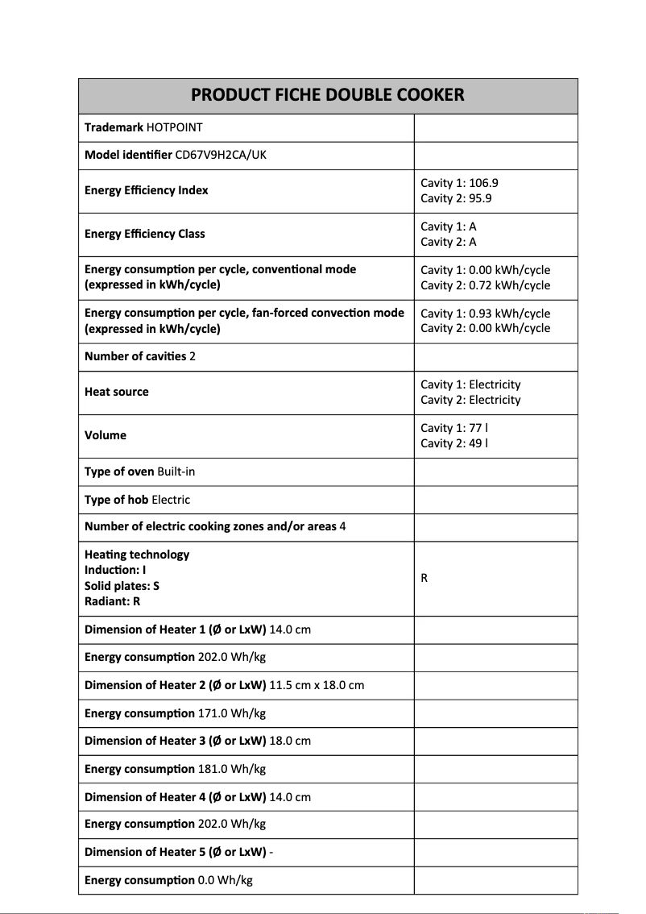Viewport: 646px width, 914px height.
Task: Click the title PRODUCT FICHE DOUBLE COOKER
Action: (x=328, y=95)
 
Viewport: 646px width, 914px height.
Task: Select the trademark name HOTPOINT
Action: (x=175, y=127)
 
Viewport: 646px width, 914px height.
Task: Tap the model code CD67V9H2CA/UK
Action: (x=221, y=155)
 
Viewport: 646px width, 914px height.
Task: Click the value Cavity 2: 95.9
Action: (x=456, y=198)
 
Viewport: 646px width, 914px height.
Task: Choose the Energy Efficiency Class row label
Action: (x=145, y=234)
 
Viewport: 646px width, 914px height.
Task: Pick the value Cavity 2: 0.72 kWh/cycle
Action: (x=485, y=285)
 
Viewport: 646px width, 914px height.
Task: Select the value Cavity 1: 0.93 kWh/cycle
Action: (x=485, y=314)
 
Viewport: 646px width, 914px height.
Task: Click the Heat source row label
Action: (x=117, y=392)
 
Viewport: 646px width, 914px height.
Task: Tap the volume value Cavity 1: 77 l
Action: (x=454, y=428)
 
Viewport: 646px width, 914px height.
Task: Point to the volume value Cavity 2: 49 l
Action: (x=454, y=443)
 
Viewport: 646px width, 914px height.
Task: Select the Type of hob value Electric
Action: (x=171, y=500)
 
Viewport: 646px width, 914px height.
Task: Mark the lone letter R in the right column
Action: (x=424, y=578)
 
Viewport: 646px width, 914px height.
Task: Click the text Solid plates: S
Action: (x=122, y=586)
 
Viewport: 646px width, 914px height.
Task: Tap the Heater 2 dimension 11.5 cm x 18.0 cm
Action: (x=317, y=685)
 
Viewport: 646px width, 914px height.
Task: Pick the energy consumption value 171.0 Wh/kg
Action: (x=232, y=713)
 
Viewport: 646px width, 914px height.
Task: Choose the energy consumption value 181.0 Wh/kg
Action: (x=232, y=769)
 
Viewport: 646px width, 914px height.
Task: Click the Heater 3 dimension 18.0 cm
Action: (x=290, y=741)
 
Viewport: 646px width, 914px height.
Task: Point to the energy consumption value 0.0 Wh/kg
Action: (x=226, y=880)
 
